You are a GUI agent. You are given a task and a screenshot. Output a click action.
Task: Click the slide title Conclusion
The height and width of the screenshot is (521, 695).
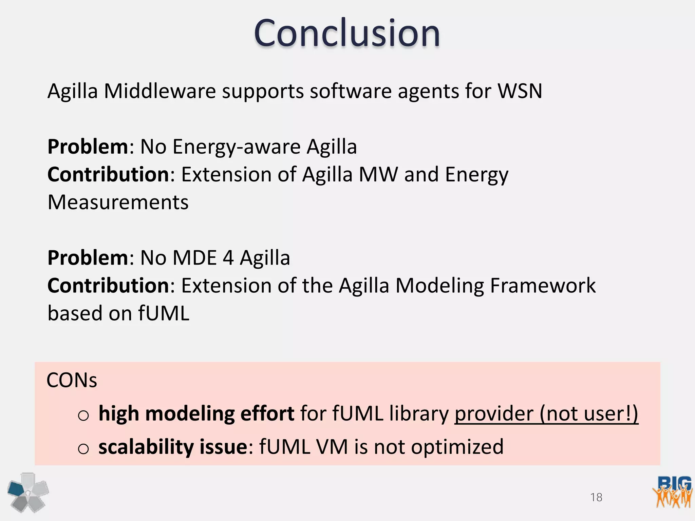point(347,33)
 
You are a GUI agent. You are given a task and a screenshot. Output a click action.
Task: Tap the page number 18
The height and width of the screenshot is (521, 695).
point(596,497)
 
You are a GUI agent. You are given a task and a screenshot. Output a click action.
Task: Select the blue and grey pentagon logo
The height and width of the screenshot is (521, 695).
point(28,493)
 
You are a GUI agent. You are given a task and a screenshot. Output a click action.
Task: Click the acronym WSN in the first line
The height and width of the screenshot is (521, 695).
point(520,91)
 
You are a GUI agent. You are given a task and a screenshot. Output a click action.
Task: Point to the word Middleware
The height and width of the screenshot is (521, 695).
point(159,91)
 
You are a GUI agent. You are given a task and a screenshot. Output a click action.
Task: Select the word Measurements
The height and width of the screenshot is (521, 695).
point(118,202)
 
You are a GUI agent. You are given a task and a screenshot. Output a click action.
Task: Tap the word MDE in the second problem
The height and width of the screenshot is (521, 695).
point(194,258)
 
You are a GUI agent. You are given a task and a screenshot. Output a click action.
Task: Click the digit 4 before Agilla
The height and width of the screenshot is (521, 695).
point(228,258)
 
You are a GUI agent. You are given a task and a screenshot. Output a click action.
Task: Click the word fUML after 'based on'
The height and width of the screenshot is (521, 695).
point(164,313)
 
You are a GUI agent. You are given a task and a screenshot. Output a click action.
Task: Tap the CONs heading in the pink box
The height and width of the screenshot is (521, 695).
point(72,380)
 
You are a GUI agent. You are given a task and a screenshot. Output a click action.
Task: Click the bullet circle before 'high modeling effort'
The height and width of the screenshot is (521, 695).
point(83,416)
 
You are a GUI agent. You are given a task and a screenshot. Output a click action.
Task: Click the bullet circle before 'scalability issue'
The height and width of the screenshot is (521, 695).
point(83,449)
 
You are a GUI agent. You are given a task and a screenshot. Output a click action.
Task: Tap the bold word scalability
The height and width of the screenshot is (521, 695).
point(146,447)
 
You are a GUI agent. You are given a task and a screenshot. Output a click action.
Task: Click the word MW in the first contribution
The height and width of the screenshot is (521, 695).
point(378,175)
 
